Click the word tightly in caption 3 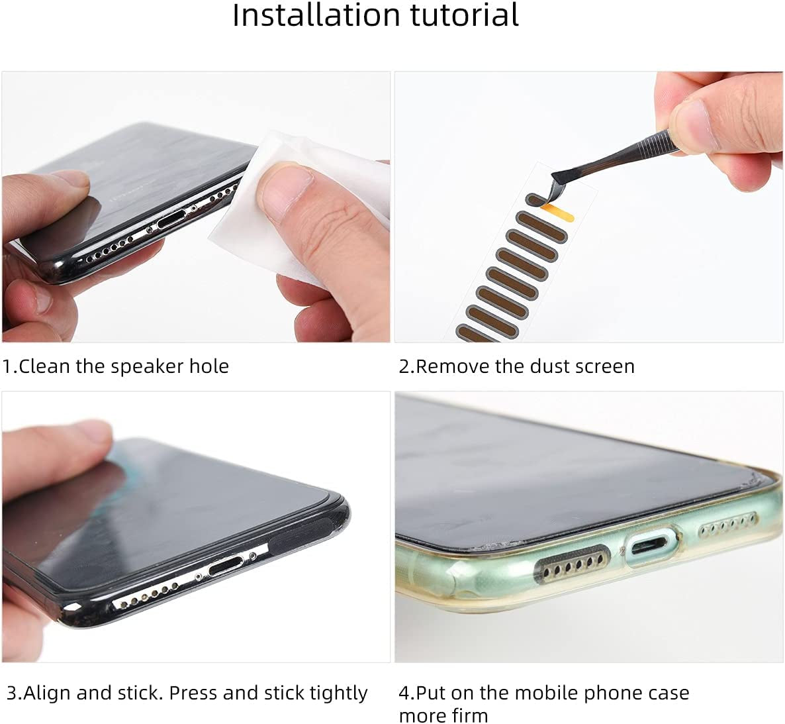click(x=339, y=693)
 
